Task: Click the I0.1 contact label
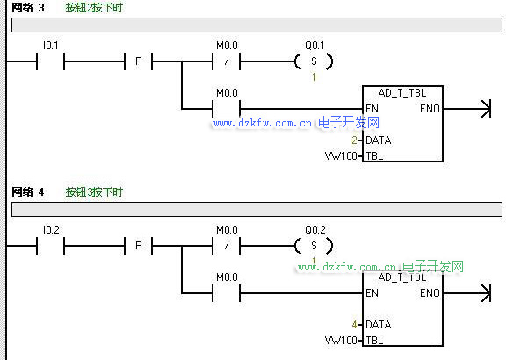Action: (x=51, y=46)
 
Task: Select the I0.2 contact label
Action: (x=51, y=230)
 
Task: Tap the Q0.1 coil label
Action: (x=314, y=46)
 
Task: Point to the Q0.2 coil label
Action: (x=315, y=230)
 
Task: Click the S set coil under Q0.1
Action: (x=314, y=61)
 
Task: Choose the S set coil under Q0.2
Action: (x=314, y=246)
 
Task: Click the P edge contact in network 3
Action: (x=139, y=61)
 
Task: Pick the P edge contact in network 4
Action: (x=139, y=246)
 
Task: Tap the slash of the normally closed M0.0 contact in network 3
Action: (x=227, y=61)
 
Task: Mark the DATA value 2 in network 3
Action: (x=354, y=140)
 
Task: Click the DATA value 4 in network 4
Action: (x=354, y=325)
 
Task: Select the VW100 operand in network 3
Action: (x=341, y=156)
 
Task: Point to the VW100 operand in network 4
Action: (x=341, y=341)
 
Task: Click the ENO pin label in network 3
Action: (x=430, y=109)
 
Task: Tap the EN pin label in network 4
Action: (x=372, y=293)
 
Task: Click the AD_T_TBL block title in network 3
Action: (x=402, y=93)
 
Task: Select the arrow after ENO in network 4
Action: (x=467, y=293)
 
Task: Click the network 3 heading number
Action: (x=41, y=8)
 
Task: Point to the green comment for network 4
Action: (x=94, y=192)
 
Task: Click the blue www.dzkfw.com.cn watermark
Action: (x=263, y=123)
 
